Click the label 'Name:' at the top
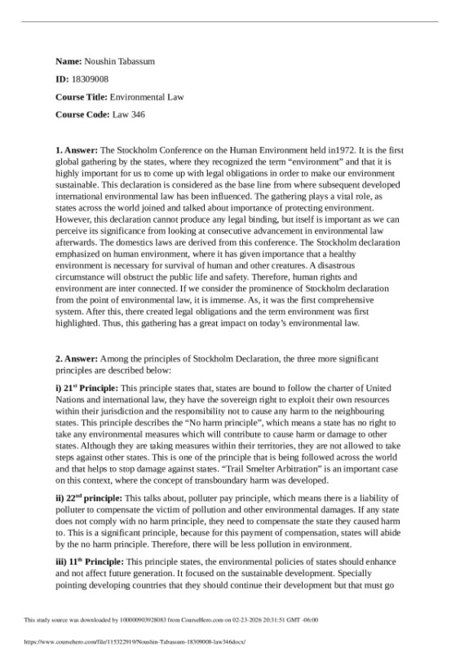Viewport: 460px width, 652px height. click(x=69, y=61)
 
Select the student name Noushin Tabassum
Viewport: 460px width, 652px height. click(x=121, y=61)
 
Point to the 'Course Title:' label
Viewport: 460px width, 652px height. click(x=82, y=97)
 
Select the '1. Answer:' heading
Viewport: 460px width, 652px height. click(x=76, y=151)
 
